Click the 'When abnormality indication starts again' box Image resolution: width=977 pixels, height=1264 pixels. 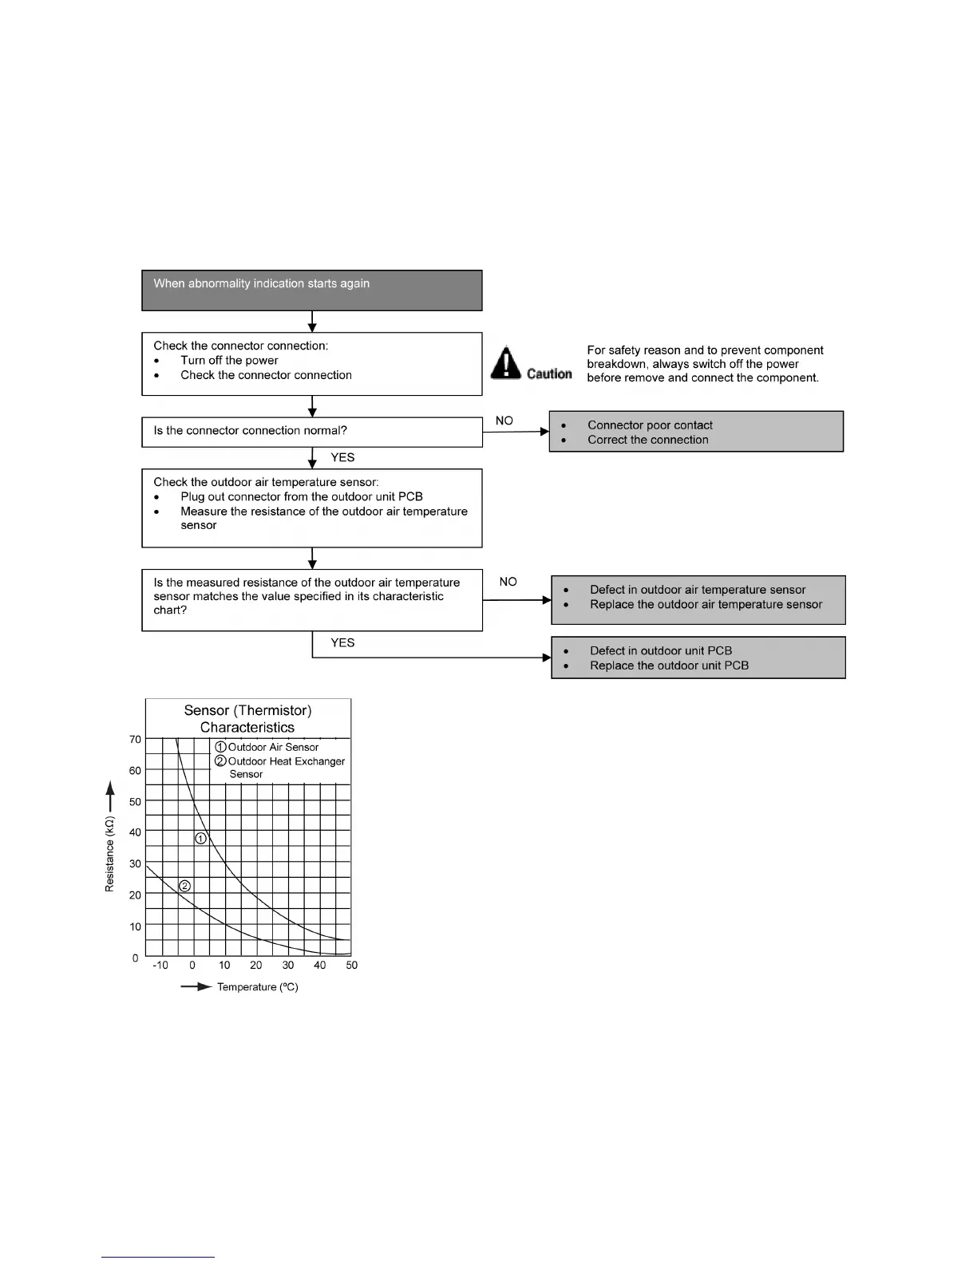(x=311, y=290)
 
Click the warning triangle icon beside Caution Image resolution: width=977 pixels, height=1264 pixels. (x=506, y=363)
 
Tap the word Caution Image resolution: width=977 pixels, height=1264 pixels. (x=549, y=373)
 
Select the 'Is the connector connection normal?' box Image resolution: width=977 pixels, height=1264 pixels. (x=311, y=432)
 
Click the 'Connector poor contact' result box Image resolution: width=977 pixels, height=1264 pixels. (x=696, y=432)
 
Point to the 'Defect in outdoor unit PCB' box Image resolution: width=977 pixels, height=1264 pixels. (x=698, y=658)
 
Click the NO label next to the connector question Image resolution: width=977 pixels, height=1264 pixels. (x=504, y=421)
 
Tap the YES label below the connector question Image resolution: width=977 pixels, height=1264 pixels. (x=342, y=457)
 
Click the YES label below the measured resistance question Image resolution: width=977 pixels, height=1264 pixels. (x=342, y=642)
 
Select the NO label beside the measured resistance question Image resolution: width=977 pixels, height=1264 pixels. (x=508, y=582)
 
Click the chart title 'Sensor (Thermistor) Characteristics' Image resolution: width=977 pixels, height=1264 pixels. (x=247, y=718)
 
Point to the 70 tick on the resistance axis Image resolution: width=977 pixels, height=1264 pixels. (x=135, y=739)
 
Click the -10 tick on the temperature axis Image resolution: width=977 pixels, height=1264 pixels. (x=160, y=965)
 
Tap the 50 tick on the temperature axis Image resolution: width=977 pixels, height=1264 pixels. (x=352, y=965)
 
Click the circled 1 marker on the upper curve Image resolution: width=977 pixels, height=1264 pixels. (x=201, y=838)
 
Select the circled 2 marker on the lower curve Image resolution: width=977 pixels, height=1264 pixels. (x=184, y=886)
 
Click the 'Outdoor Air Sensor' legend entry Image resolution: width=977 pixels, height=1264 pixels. (x=273, y=747)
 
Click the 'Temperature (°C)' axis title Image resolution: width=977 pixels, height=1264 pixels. (x=257, y=987)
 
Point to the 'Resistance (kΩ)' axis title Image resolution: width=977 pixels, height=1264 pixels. (x=110, y=853)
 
